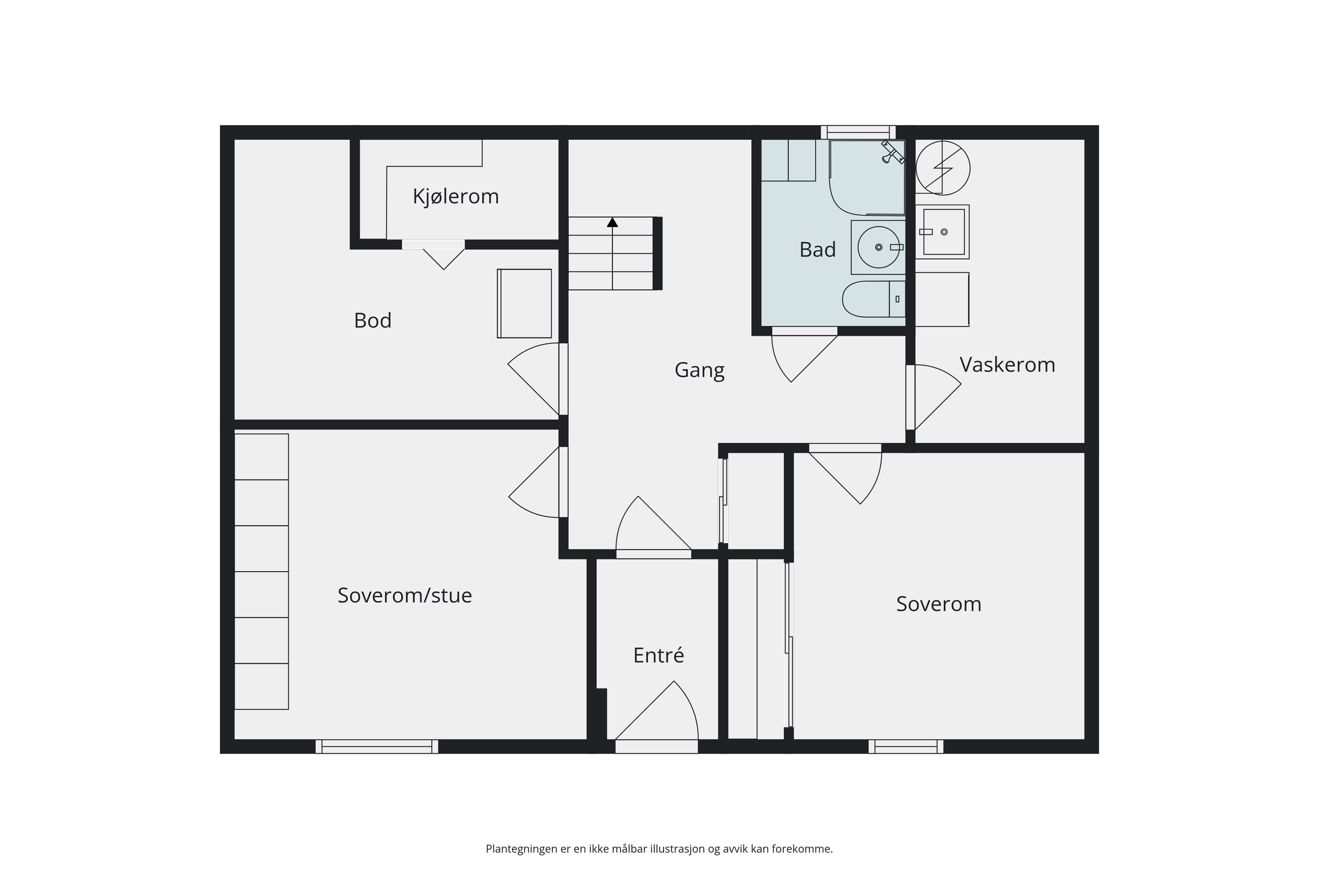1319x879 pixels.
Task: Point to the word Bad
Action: pos(817,250)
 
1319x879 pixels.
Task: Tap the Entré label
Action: pos(658,655)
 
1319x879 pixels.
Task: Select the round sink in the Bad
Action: pos(879,247)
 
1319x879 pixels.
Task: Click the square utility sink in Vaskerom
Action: pos(943,231)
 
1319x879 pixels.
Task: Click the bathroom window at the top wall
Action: pos(858,132)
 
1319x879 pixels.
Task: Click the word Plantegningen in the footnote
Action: pos(521,849)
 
